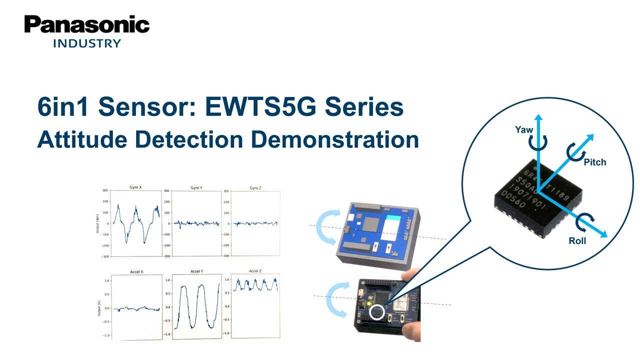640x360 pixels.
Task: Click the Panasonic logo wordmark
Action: click(87, 24)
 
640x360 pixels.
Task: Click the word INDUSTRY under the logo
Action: click(87, 43)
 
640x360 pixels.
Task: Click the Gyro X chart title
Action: click(135, 187)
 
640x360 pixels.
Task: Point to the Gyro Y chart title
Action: click(196, 188)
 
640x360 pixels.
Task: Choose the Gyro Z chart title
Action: click(255, 188)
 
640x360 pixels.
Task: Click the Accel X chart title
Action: click(136, 272)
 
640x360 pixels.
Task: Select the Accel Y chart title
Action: click(196, 271)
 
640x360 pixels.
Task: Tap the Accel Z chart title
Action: click(255, 271)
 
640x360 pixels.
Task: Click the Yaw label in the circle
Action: click(524, 130)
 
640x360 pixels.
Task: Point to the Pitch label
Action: click(595, 162)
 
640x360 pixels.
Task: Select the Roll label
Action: click(577, 241)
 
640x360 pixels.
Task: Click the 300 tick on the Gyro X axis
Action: click(105, 190)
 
